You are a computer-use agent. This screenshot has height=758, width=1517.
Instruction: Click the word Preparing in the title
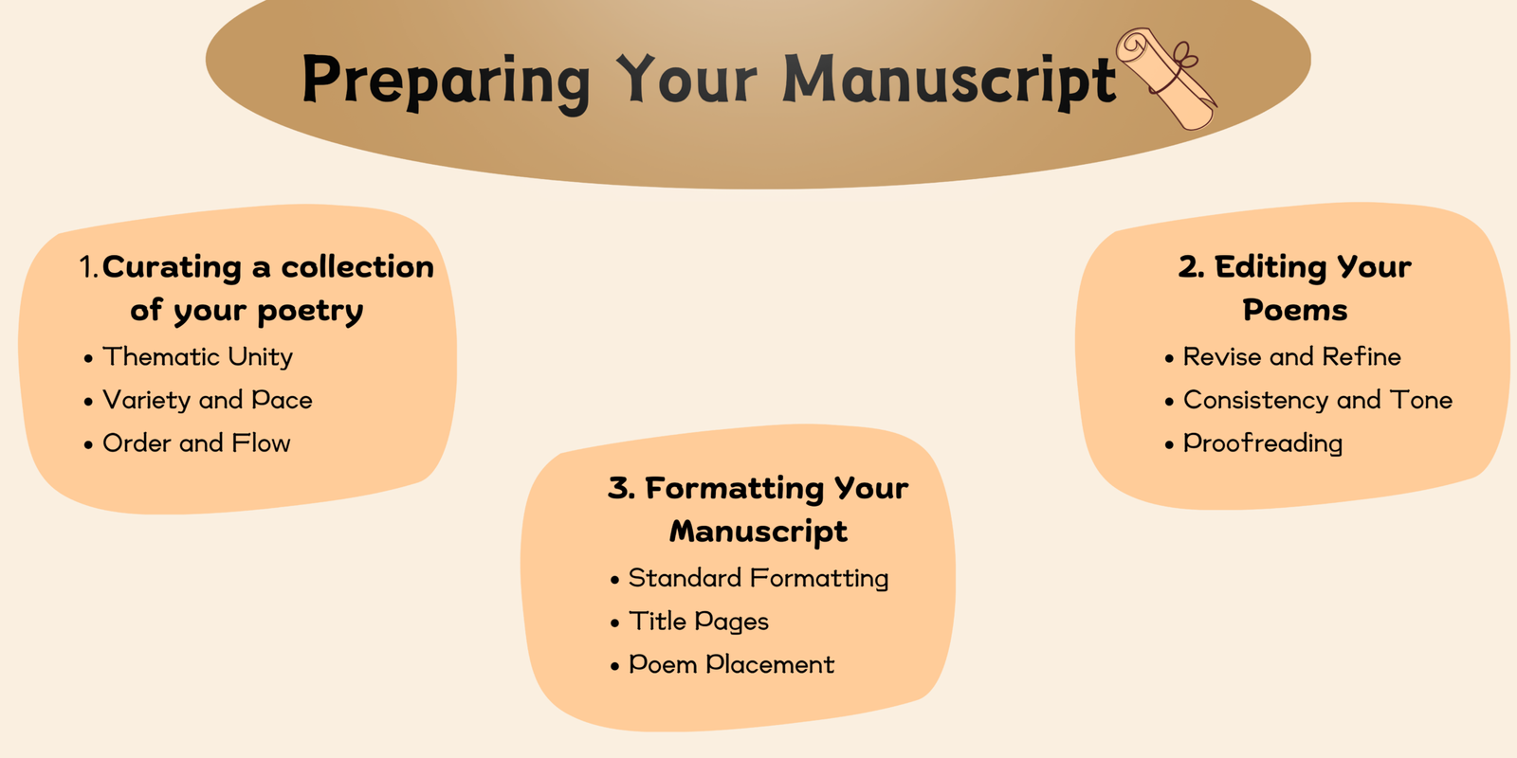pos(447,82)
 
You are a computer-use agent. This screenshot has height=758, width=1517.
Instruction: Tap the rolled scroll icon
pos(1166,78)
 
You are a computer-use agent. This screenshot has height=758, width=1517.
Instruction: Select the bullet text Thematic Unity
pos(198,357)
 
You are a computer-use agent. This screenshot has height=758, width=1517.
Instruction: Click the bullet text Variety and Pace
pos(208,400)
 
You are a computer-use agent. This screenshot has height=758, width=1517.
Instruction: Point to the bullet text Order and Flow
pos(196,443)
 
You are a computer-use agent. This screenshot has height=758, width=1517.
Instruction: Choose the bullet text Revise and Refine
pos(1291,356)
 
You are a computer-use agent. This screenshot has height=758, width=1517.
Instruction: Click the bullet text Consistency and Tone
pos(1317,400)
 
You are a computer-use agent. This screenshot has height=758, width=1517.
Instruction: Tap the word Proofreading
pos(1262,444)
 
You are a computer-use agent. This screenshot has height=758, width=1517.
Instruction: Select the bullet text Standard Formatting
pos(758,579)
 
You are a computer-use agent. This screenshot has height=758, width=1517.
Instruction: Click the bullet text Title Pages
pos(699,622)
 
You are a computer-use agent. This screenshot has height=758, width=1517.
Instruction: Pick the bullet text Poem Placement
pos(731,664)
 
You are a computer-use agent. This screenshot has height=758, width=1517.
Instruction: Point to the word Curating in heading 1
pos(172,267)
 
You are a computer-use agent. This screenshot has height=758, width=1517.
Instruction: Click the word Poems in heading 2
pos(1295,310)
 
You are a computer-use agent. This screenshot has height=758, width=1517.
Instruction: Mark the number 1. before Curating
pos(89,266)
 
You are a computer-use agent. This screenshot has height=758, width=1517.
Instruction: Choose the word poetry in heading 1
pos(310,312)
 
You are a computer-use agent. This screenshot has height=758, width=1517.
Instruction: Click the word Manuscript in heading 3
pos(758,532)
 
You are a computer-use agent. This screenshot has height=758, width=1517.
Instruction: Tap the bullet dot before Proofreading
pos(1169,444)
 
